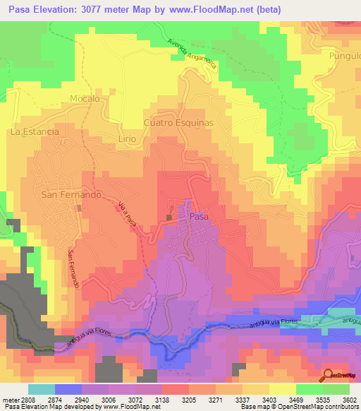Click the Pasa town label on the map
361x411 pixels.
point(199,217)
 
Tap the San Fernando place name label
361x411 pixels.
point(71,194)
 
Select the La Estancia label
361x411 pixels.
point(34,131)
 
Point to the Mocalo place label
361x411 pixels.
point(85,99)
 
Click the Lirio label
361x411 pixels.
point(127,139)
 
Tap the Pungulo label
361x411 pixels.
point(344,54)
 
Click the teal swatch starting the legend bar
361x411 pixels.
point(42,389)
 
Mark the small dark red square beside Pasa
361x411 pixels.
point(169,216)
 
